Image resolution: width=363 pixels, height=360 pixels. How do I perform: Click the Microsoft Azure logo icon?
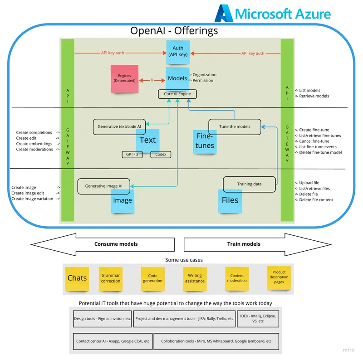(223, 14)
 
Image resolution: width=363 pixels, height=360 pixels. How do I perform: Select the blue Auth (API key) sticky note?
(177, 52)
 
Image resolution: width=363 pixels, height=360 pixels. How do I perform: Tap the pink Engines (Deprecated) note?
(124, 78)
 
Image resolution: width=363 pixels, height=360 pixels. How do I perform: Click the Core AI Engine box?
(177, 94)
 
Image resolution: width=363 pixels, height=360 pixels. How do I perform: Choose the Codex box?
(161, 154)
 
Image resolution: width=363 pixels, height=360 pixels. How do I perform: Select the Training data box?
(249, 184)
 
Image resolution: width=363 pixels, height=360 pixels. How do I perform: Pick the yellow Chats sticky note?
(77, 277)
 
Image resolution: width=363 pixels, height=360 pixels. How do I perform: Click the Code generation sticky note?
(152, 278)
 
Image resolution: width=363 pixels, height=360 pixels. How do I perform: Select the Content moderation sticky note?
(237, 278)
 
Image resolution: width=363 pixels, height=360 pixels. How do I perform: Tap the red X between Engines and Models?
(152, 80)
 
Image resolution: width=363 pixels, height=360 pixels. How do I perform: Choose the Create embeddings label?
(34, 144)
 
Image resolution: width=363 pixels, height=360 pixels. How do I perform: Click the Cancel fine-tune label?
(314, 141)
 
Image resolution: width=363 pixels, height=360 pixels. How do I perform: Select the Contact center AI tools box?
(113, 341)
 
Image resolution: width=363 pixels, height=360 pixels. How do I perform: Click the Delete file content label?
(316, 199)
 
